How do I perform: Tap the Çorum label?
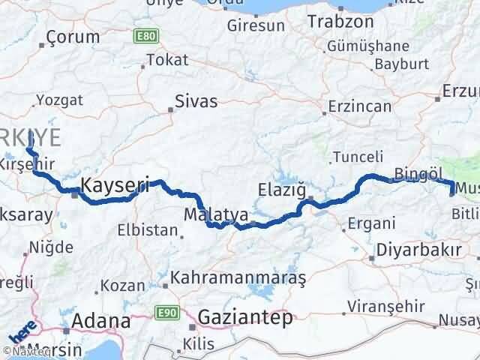73,37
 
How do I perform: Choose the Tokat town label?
167,60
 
